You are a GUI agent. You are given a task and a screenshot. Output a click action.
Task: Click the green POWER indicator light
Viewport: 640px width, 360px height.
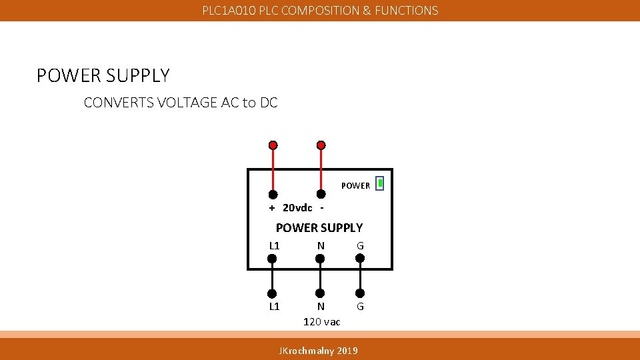click(x=379, y=183)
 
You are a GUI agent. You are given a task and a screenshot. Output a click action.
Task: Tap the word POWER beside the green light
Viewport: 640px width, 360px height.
click(x=355, y=186)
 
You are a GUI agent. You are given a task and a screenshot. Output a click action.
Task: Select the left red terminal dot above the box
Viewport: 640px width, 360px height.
click(x=273, y=145)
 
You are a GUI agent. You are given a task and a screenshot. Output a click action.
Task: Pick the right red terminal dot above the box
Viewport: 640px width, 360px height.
click(x=321, y=145)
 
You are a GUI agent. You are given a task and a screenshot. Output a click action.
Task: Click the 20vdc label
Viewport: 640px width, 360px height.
click(x=297, y=207)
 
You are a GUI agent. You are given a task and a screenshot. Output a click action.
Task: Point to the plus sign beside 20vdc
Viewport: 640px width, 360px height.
click(x=272, y=207)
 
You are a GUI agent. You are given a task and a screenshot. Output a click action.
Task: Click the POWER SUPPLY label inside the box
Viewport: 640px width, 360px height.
click(x=319, y=227)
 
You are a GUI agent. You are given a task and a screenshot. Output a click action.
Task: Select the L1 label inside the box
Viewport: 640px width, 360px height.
click(x=274, y=246)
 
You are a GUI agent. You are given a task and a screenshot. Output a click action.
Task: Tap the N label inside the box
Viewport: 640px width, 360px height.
click(x=321, y=246)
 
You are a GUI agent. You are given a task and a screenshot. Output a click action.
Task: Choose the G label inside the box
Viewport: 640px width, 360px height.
click(x=360, y=246)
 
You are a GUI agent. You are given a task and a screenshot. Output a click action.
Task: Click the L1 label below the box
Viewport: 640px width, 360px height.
click(x=274, y=307)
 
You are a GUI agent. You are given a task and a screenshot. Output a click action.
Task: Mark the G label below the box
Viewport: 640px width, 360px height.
click(x=360, y=307)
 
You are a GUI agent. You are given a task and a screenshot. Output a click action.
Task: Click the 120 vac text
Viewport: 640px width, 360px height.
click(x=321, y=322)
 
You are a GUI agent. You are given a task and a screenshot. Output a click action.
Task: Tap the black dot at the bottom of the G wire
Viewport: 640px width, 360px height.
click(x=360, y=293)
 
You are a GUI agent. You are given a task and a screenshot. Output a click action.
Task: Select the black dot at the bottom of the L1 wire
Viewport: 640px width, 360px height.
click(x=272, y=293)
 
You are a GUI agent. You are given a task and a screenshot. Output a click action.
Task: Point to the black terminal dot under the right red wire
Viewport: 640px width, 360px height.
click(x=321, y=194)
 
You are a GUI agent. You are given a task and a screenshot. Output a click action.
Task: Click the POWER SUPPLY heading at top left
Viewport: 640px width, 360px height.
click(x=103, y=76)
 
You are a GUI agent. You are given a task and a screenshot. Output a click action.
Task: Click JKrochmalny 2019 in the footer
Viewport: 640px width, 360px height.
click(x=318, y=351)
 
